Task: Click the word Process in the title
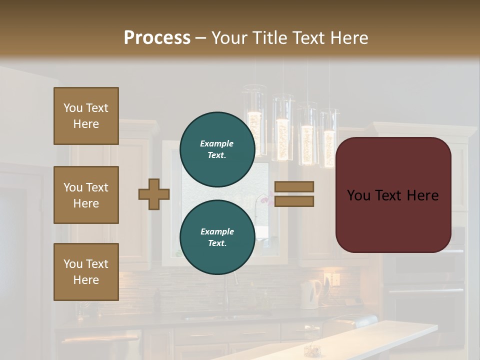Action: [157, 38]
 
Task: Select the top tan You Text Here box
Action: [86, 116]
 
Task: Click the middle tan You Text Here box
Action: [86, 195]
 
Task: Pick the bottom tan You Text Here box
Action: [86, 272]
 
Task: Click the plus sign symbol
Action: [154, 194]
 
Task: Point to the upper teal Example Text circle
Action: [217, 149]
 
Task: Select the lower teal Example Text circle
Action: [217, 237]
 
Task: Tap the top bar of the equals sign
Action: [294, 186]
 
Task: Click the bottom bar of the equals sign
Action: [294, 201]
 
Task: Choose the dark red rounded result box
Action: [393, 195]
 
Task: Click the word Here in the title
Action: [349, 38]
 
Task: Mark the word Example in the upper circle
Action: [217, 143]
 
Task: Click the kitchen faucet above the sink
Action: [227, 295]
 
